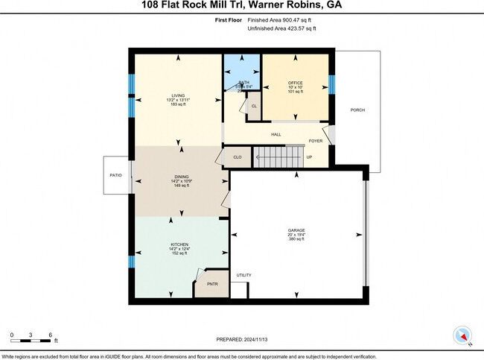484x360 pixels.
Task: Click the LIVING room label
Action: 177,96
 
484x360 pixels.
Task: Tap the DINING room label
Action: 177,177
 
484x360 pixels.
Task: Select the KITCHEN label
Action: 176,244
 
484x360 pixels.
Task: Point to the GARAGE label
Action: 296,230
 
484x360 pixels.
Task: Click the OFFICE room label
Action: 295,83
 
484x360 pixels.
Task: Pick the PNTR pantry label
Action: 211,284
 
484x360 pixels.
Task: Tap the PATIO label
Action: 117,176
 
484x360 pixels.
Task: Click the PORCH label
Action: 358,110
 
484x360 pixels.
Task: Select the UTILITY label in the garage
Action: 243,276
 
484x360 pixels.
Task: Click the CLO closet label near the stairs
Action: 237,157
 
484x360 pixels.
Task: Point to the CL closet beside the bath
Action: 254,106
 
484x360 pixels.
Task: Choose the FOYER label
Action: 316,139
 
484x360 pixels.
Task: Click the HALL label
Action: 276,134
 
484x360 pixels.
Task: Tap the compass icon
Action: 463,335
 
